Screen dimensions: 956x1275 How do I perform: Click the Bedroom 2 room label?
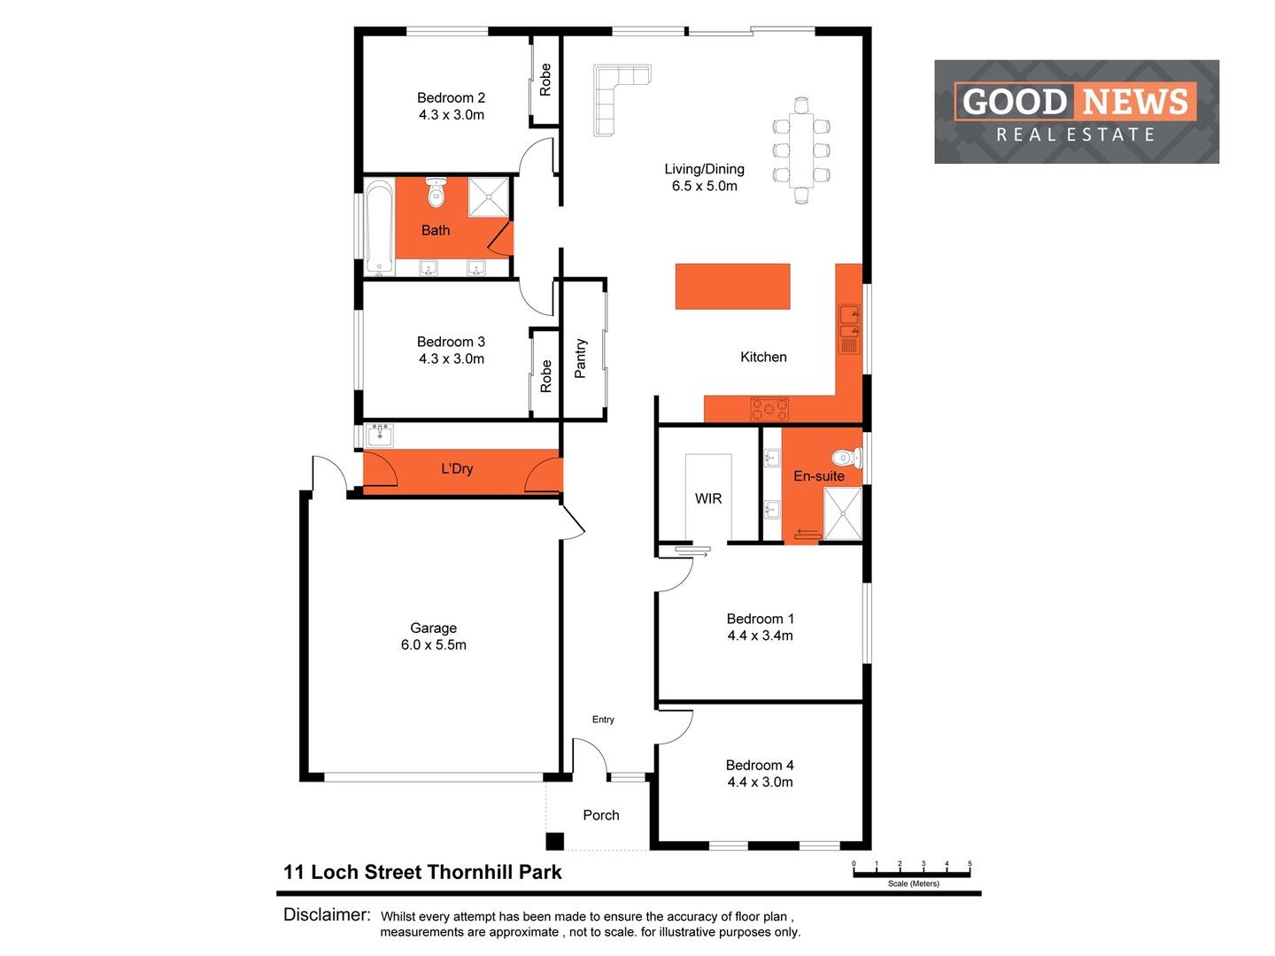pyautogui.click(x=451, y=98)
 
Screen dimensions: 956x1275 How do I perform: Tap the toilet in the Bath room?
pyautogui.click(x=436, y=192)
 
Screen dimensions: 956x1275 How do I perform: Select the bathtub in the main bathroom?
pyautogui.click(x=379, y=228)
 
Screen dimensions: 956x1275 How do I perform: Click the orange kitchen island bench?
pyautogui.click(x=732, y=286)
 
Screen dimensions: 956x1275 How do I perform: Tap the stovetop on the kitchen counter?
pyautogui.click(x=769, y=409)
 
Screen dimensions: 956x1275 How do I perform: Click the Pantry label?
pyautogui.click(x=581, y=358)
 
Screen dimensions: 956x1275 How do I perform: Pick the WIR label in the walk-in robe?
pyautogui.click(x=708, y=498)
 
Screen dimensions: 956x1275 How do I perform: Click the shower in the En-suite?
pyautogui.click(x=842, y=513)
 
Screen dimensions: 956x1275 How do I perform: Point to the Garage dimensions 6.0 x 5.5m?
pyautogui.click(x=433, y=645)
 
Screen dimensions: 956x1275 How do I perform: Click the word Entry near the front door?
pyautogui.click(x=603, y=720)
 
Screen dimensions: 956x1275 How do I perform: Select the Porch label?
pyautogui.click(x=601, y=815)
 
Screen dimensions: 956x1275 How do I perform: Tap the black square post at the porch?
pyautogui.click(x=554, y=841)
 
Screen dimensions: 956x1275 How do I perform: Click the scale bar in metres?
pyautogui.click(x=912, y=874)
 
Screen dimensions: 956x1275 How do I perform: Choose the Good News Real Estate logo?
pyautogui.click(x=1076, y=112)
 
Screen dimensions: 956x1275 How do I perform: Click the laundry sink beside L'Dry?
pyautogui.click(x=381, y=435)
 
